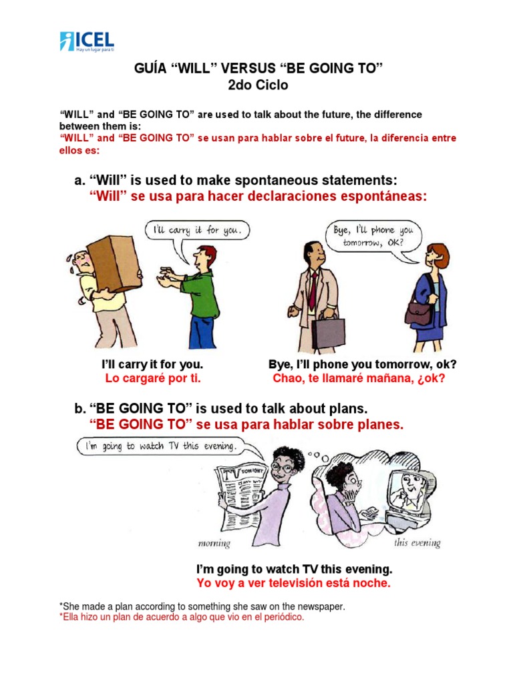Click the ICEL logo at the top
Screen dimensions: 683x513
point(86,41)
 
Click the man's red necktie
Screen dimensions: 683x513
point(313,287)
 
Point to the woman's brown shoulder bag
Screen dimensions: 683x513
point(419,311)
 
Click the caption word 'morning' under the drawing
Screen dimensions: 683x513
point(214,544)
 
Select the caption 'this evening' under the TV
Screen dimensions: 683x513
point(417,543)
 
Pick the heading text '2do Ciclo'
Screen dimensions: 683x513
point(256,86)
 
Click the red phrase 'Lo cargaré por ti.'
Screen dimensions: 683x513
point(153,379)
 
